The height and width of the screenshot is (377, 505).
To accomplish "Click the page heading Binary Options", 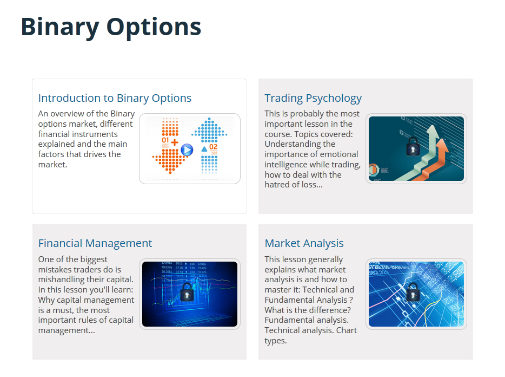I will pyautogui.click(x=111, y=27).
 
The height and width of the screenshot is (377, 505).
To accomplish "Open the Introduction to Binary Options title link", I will pyautogui.click(x=115, y=98).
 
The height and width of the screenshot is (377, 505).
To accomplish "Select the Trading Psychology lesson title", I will pyautogui.click(x=313, y=98).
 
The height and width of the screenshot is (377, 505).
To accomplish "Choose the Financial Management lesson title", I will pyautogui.click(x=95, y=243).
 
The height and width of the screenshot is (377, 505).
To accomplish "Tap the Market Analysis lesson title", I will pyautogui.click(x=304, y=243).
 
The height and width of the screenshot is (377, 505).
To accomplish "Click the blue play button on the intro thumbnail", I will pyautogui.click(x=187, y=149).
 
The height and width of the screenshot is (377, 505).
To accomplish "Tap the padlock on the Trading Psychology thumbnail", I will pyautogui.click(x=413, y=146).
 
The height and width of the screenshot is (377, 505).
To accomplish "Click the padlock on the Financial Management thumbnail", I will pyautogui.click(x=187, y=292).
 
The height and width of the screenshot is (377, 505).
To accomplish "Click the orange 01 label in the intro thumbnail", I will pyautogui.click(x=165, y=141).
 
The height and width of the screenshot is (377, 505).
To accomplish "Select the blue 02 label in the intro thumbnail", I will pyautogui.click(x=213, y=147).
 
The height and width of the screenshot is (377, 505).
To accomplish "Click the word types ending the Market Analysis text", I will pyautogui.click(x=276, y=341).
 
